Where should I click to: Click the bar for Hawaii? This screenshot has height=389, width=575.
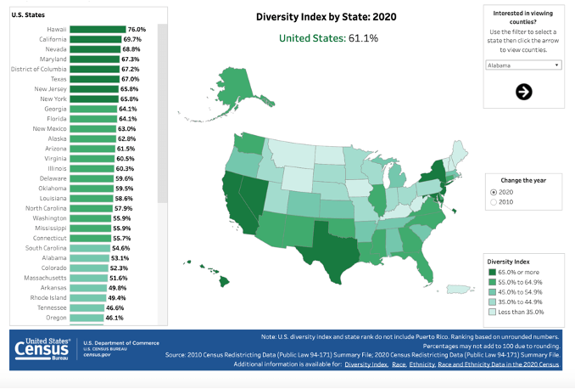(x=98, y=30)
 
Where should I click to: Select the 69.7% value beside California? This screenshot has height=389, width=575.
(x=133, y=40)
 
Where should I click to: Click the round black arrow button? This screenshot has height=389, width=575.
(x=523, y=92)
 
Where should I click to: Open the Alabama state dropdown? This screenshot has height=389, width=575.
(x=523, y=65)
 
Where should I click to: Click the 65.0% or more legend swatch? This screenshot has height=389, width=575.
(x=493, y=271)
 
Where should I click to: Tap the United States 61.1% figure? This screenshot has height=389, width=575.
(x=329, y=38)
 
